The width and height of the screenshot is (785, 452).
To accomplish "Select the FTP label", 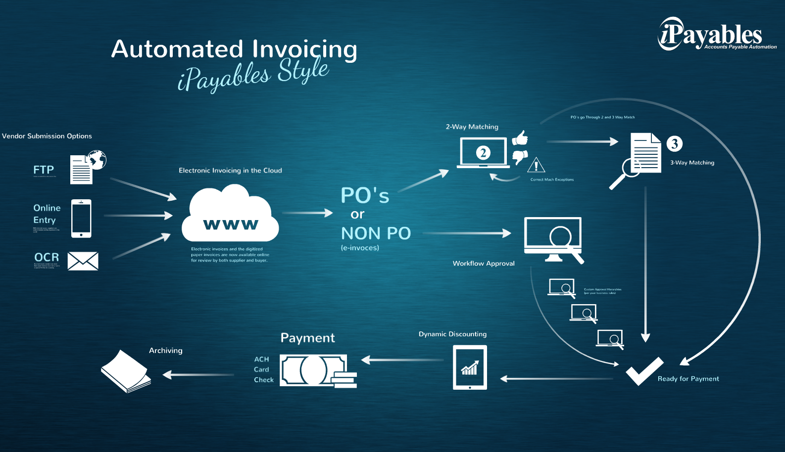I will point(44,170).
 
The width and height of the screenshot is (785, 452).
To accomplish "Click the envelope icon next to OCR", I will point(83,261).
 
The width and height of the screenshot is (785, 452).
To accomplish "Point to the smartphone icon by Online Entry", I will point(81,218).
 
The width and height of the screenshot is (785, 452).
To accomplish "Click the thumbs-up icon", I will point(520,138).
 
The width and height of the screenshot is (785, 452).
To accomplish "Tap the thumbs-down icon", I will point(520,157).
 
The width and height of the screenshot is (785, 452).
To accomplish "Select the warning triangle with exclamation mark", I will point(536,165).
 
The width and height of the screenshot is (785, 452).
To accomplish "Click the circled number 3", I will point(674,143).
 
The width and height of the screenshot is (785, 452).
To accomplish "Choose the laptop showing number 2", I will point(483,153).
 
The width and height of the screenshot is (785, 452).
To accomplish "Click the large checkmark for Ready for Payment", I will point(644,371).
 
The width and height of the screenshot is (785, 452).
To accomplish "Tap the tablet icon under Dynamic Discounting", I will point(470,367).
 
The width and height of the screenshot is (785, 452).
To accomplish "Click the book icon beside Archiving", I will point(126,372).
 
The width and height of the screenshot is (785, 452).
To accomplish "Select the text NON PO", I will point(376,233).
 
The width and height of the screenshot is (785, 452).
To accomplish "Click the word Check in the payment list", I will point(264,380).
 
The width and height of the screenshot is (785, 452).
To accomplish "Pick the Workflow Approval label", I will point(484,264).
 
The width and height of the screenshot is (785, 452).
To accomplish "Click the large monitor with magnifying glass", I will point(553,239).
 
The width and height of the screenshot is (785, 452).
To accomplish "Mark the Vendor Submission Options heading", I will point(47,136).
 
